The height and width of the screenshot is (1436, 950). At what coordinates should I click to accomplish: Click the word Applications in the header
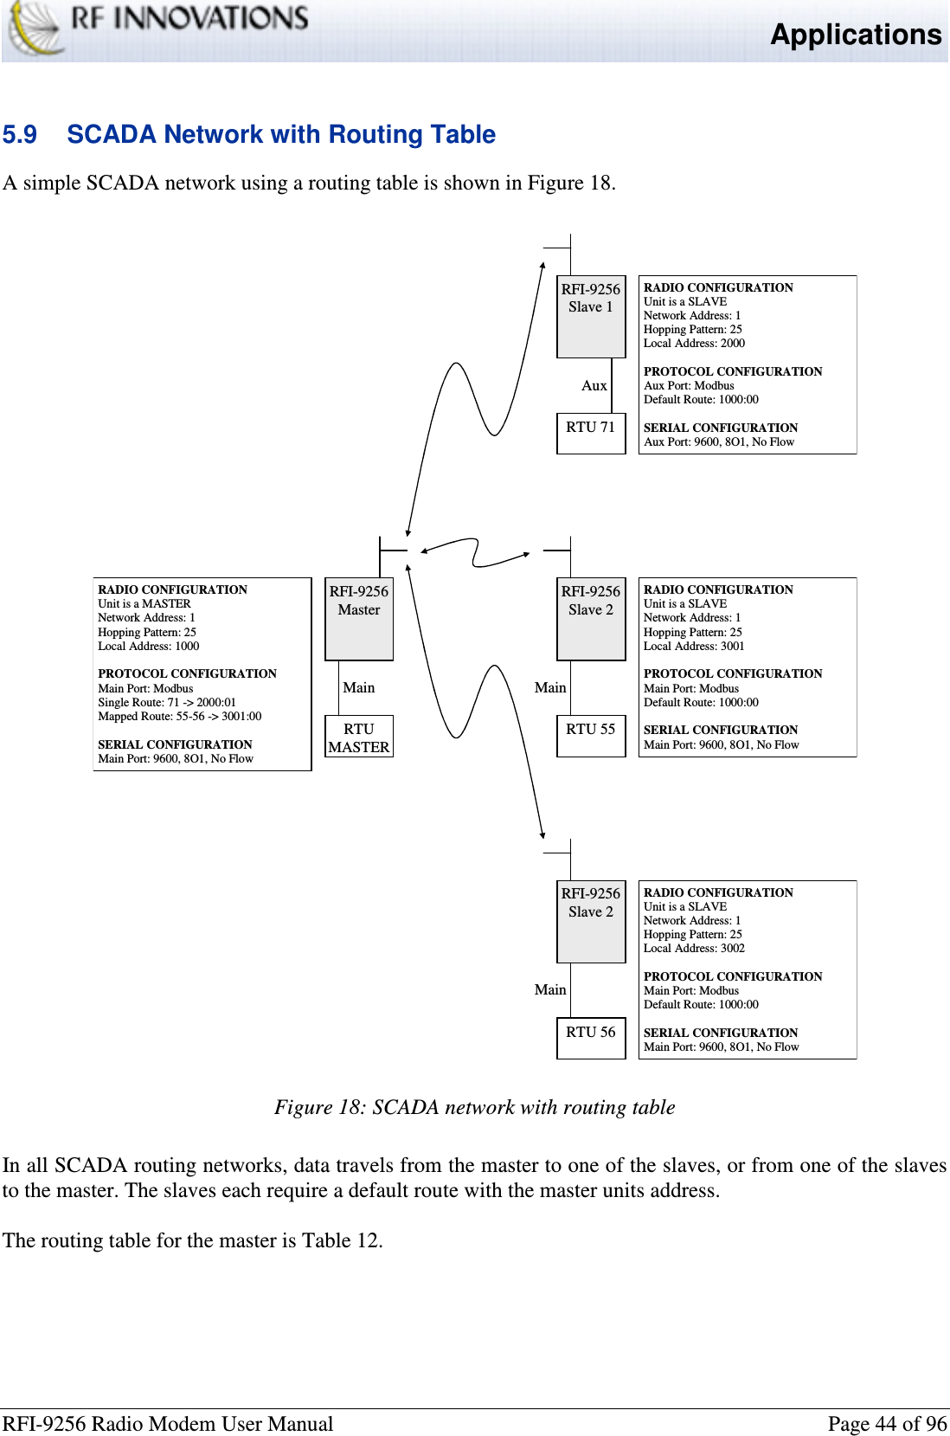click(x=855, y=35)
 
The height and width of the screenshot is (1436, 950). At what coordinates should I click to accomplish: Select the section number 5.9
click(x=20, y=135)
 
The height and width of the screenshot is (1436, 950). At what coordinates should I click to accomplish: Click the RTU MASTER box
click(x=358, y=737)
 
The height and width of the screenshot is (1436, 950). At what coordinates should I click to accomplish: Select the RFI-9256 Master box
click(x=358, y=618)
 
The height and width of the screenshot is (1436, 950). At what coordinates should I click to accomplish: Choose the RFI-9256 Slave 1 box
click(x=590, y=316)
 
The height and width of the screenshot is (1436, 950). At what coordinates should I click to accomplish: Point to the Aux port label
click(x=594, y=386)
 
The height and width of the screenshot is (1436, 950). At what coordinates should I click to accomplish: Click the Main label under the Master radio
click(x=358, y=688)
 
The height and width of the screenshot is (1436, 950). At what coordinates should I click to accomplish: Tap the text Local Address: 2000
click(x=694, y=344)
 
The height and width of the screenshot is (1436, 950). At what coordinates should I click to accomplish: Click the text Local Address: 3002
click(x=694, y=949)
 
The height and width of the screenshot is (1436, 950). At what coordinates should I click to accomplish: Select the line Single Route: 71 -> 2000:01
click(x=167, y=703)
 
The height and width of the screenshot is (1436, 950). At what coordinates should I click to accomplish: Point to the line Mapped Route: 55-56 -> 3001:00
click(x=179, y=717)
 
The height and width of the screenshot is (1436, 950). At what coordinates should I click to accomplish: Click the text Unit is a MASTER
click(x=144, y=604)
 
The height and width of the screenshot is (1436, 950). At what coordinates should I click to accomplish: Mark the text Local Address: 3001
click(x=694, y=647)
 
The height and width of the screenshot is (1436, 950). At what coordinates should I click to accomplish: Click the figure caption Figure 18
click(x=474, y=1108)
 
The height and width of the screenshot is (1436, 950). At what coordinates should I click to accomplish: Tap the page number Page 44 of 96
click(x=887, y=1424)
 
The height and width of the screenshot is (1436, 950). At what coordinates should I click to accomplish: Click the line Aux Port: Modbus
click(x=689, y=386)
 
